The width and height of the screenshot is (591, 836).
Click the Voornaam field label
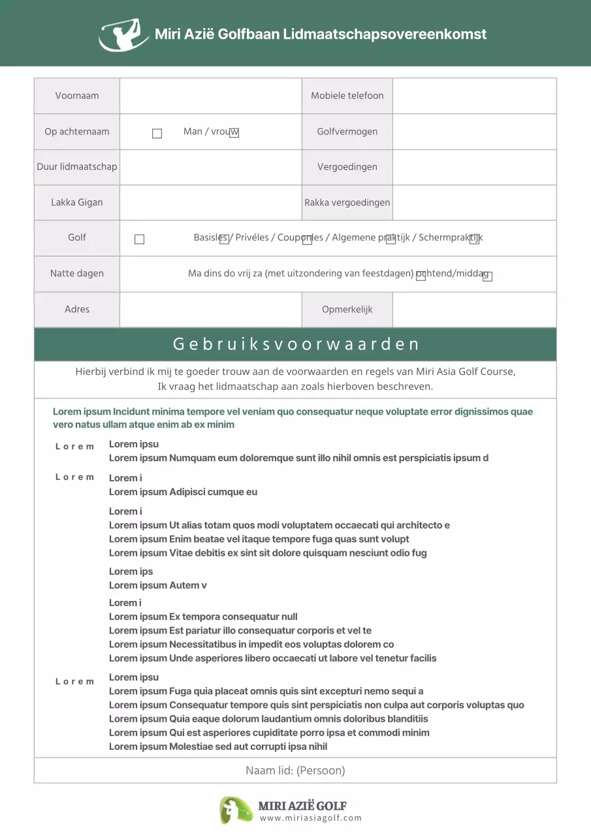pyautogui.click(x=77, y=95)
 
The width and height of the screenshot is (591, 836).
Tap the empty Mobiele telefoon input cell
pyautogui.click(x=474, y=95)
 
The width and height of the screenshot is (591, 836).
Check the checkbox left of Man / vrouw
pyautogui.click(x=157, y=133)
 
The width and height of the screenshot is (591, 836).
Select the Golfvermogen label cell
pyautogui.click(x=347, y=131)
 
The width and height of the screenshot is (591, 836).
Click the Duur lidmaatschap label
pyautogui.click(x=77, y=167)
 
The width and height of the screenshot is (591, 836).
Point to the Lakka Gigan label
pyautogui.click(x=77, y=202)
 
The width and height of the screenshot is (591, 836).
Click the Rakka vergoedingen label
pyautogui.click(x=347, y=202)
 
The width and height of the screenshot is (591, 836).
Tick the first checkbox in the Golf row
pyautogui.click(x=139, y=240)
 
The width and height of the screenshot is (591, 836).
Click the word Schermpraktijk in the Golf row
pyautogui.click(x=450, y=238)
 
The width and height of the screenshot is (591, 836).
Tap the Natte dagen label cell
pyautogui.click(x=77, y=273)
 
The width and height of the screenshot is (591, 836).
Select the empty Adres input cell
pyautogui.click(x=210, y=309)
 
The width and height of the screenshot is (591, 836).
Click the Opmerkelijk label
pyautogui.click(x=347, y=309)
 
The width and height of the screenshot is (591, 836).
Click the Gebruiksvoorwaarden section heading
pyautogui.click(x=295, y=344)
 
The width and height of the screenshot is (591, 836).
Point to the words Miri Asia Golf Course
pyautogui.click(x=465, y=372)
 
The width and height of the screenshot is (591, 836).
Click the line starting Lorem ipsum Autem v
pyautogui.click(x=157, y=585)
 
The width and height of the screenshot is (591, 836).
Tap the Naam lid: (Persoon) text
pyautogui.click(x=295, y=771)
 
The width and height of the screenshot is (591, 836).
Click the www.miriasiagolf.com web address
pyautogui.click(x=310, y=818)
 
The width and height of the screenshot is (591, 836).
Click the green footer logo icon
pyautogui.click(x=235, y=810)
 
